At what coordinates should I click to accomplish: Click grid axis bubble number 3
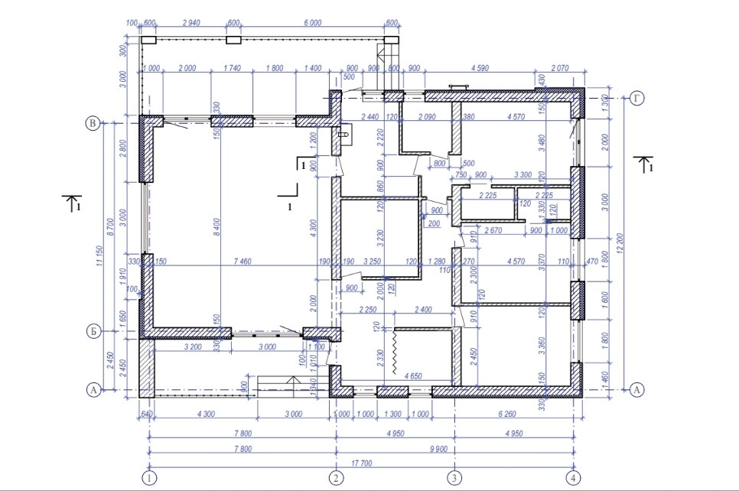click(x=455, y=477)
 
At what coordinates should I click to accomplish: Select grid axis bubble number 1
click(x=150, y=477)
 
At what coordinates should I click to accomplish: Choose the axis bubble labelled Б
click(x=93, y=333)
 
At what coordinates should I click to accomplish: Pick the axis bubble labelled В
click(x=93, y=122)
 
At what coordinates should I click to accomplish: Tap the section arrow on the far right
click(x=645, y=164)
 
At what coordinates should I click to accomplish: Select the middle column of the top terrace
click(x=233, y=40)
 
